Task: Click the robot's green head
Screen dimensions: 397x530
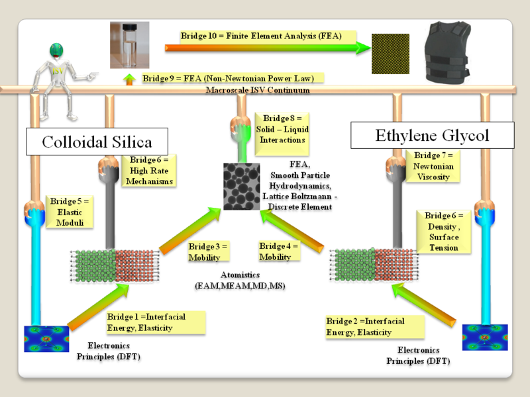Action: [x=59, y=52]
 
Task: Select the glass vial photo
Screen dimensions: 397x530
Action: [x=129, y=44]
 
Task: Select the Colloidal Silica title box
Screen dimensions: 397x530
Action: [x=97, y=141]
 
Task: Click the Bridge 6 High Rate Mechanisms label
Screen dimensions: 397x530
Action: [x=150, y=170]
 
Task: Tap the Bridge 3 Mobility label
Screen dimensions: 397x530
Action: [x=207, y=252]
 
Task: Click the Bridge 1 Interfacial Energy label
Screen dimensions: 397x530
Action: [x=154, y=322]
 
